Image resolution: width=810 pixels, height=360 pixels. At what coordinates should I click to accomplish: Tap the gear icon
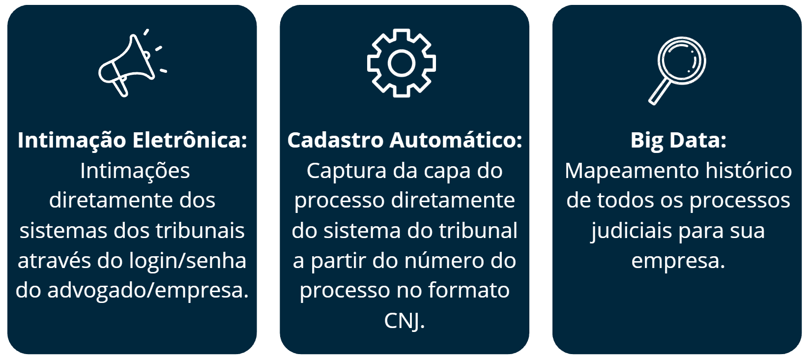[x=402, y=63]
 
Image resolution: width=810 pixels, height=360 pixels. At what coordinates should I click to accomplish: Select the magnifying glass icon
[x=677, y=70]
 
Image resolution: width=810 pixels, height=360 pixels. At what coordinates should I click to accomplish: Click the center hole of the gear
[x=402, y=63]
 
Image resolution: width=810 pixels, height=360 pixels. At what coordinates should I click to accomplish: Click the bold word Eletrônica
[x=189, y=140]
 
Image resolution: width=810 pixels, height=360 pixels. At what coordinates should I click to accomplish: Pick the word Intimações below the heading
[x=135, y=171]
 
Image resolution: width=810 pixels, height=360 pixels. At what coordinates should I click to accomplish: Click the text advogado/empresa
[x=148, y=291]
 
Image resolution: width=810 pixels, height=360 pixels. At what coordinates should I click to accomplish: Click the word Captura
[x=347, y=171]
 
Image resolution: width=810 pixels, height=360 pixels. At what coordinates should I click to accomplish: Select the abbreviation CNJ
[x=405, y=321]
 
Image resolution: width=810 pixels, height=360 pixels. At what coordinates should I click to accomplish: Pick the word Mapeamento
[x=632, y=171]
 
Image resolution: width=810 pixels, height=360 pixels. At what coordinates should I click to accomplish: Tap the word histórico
[x=749, y=171]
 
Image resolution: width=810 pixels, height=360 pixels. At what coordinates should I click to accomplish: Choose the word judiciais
[x=631, y=231]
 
